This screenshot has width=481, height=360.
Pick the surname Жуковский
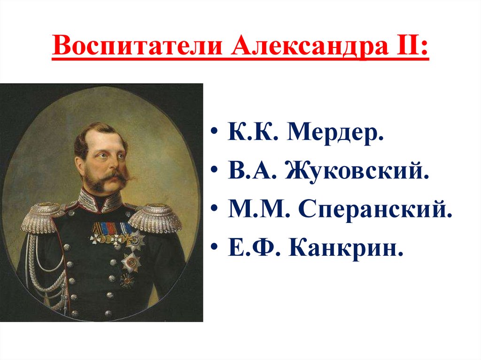(x=357, y=171)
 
